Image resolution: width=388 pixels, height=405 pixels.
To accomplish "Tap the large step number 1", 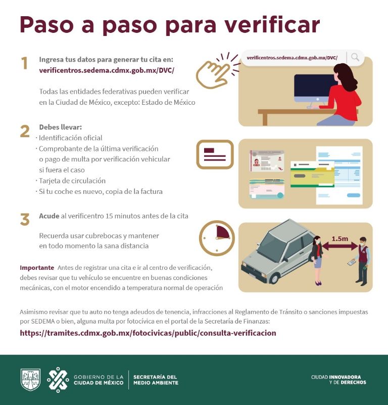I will coord(24,64).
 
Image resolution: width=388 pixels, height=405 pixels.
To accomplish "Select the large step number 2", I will coord(25,131).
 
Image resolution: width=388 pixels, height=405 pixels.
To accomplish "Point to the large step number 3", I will coord(25,220).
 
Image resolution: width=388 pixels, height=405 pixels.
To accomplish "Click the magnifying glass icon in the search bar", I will coord(355,57).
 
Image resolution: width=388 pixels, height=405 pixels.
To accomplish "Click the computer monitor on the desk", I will coord(314,89).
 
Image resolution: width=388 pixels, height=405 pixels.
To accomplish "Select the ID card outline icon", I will coord(215,154).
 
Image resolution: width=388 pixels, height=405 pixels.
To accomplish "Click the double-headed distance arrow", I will coord(339,247).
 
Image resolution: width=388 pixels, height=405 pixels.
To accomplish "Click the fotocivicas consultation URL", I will coord(148,333).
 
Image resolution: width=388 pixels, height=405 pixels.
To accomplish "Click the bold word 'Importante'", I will coord(37,267).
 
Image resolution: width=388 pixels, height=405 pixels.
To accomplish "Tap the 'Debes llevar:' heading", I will coord(60,127).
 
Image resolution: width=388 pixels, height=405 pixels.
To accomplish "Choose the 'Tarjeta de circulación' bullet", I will coord(72,181).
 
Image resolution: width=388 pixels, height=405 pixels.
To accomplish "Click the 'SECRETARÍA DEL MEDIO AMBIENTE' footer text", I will coord(156,380).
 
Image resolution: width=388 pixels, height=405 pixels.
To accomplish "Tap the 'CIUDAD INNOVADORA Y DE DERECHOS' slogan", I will coord(338,380).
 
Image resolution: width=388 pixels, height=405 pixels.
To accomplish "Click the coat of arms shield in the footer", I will coord(30,380).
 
